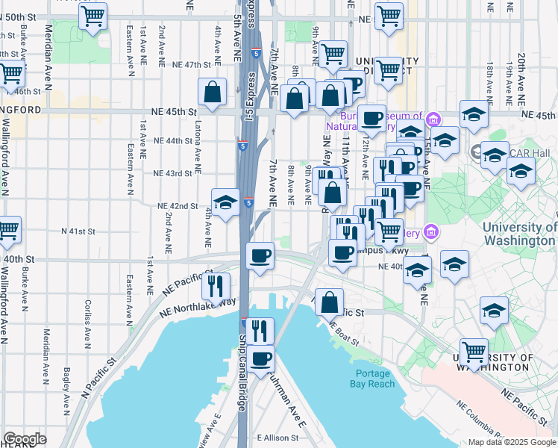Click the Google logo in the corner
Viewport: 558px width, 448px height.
25,439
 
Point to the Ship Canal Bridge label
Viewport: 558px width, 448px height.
242,370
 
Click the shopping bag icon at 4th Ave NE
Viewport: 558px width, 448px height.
213,93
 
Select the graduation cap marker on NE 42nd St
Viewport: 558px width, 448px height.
225,202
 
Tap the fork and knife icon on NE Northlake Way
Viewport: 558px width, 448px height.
216,285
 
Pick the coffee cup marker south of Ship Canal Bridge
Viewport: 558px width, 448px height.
260,358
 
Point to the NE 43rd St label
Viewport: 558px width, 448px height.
172,173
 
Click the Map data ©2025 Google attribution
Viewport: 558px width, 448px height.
511,441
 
